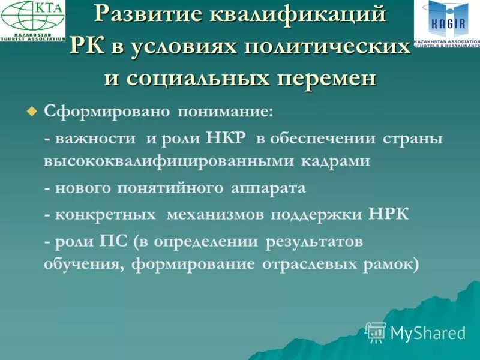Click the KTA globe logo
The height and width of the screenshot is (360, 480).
click(32, 20)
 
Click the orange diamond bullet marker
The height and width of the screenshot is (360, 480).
click(32, 111)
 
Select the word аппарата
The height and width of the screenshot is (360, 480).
click(268, 188)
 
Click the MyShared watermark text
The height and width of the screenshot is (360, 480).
click(427, 333)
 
